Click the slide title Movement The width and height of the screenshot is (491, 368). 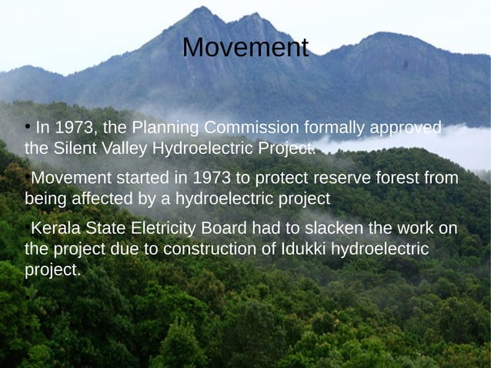(245, 48)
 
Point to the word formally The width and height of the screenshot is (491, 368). (337, 127)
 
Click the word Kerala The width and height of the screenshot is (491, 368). (54, 229)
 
